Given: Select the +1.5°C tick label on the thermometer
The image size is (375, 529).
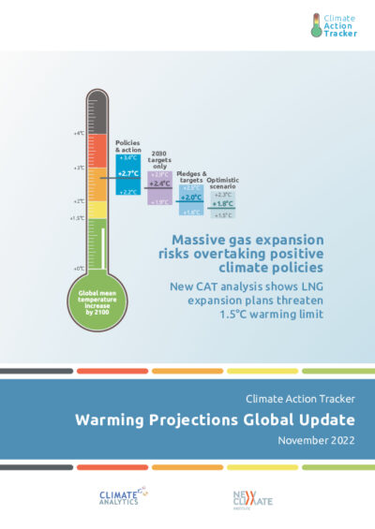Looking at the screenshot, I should click(x=78, y=217).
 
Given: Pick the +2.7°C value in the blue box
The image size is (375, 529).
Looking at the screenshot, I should click(x=127, y=174).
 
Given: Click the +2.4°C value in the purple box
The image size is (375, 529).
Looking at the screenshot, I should click(x=159, y=184).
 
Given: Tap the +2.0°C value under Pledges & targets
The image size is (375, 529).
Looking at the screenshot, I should click(x=191, y=198).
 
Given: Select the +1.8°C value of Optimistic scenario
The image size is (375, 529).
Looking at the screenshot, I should click(x=222, y=204).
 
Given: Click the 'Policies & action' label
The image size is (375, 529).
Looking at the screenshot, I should click(x=127, y=147).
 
